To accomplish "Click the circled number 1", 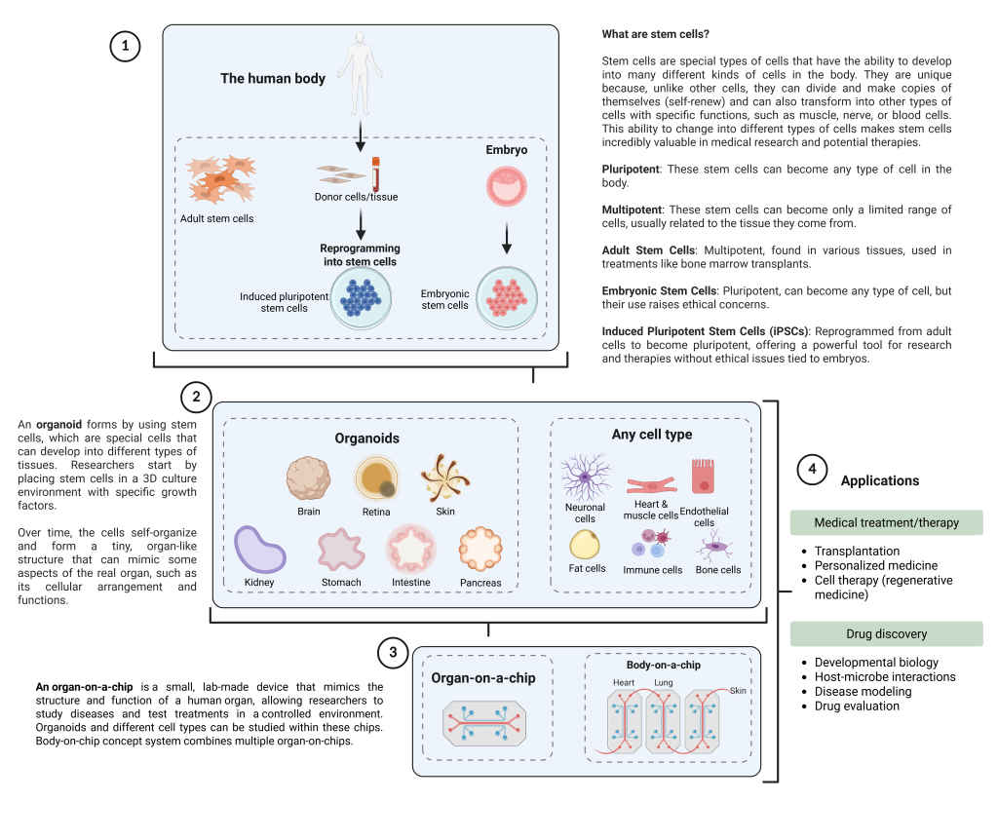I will point(126,48).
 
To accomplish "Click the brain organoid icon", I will point(309,479).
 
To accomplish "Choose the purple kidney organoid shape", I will point(260,552).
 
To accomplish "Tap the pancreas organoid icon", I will point(481,551).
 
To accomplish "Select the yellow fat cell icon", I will point(585,544).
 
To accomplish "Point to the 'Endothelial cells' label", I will point(704,516).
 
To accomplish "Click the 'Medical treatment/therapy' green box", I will point(886,522).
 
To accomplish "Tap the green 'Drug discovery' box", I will point(886,634).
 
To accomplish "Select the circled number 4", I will point(812,470).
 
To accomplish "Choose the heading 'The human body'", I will point(273,78).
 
